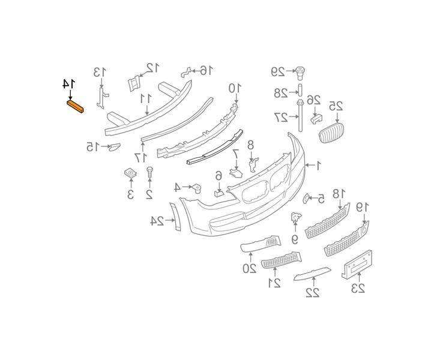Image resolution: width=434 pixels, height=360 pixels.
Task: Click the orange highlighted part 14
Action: pyautogui.click(x=75, y=107)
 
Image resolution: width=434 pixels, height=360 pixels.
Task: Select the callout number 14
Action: pyautogui.click(x=68, y=84)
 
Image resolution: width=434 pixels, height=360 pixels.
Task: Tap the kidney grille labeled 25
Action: pyautogui.click(x=331, y=133)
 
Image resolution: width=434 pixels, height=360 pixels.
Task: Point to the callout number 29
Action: pyautogui.click(x=277, y=71)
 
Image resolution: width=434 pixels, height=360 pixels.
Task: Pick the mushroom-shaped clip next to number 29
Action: pyautogui.click(x=300, y=73)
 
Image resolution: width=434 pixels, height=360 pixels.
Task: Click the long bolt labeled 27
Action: pyautogui.click(x=300, y=116)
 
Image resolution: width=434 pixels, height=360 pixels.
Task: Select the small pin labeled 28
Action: pyautogui.click(x=300, y=89)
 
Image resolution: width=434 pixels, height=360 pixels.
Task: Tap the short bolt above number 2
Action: pyautogui.click(x=149, y=173)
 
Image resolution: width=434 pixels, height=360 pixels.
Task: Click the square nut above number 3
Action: pyautogui.click(x=131, y=173)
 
